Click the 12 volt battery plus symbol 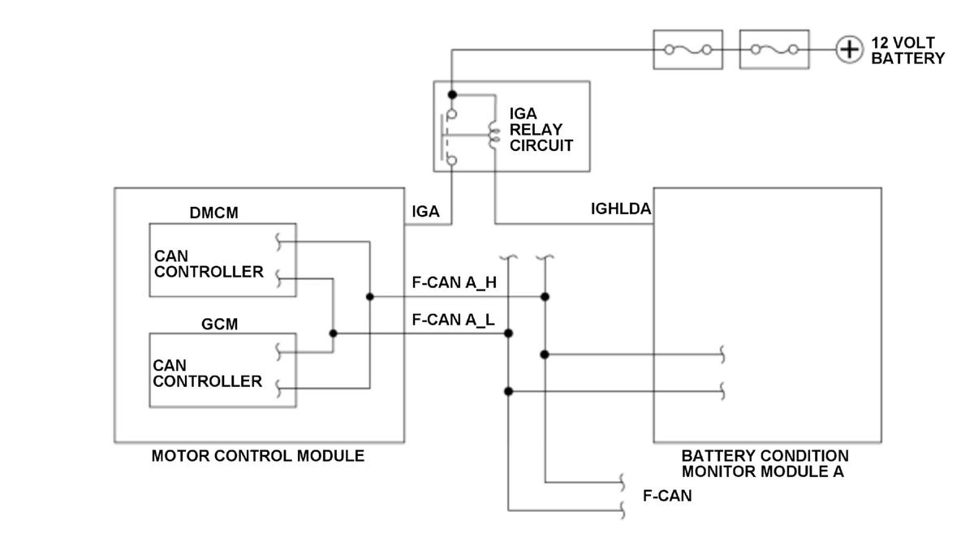849,49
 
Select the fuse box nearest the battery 774,49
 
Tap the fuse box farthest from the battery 688,49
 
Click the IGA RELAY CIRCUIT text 541,130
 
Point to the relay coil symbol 493,135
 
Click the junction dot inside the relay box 452,94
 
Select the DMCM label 214,213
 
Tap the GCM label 220,324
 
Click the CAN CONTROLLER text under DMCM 209,264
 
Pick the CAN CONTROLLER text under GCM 208,373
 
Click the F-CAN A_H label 454,282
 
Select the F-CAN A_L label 453,320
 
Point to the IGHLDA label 621,209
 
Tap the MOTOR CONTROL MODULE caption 258,456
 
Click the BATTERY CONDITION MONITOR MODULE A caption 765,464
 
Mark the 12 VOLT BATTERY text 908,50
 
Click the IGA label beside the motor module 425,212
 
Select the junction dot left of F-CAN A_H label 369,296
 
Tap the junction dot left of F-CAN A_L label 333,333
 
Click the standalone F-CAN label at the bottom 667,496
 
